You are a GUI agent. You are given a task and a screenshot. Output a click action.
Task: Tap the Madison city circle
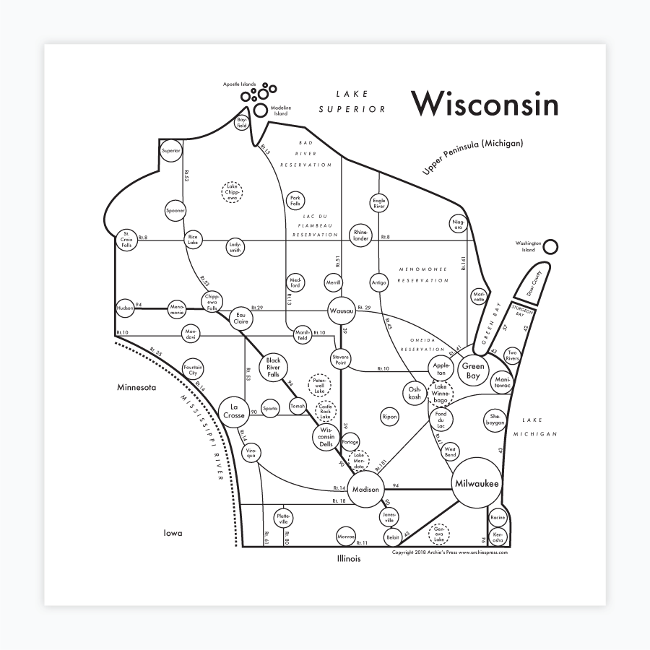(x=365, y=490)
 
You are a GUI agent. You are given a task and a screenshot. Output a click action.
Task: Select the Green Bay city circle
(x=472, y=371)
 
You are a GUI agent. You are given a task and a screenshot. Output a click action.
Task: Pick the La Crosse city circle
(x=234, y=412)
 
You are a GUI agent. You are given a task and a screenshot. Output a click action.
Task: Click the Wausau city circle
(x=341, y=311)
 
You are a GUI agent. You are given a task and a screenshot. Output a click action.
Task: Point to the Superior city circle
(x=171, y=150)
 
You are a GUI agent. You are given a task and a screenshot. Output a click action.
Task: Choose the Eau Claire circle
(x=242, y=318)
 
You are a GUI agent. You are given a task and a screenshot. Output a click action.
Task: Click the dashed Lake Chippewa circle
(x=232, y=191)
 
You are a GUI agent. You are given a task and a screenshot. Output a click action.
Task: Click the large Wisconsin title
(x=485, y=104)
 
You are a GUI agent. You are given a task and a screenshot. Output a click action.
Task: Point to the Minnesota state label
(x=137, y=388)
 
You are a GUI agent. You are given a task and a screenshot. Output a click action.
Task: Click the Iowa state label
(x=172, y=533)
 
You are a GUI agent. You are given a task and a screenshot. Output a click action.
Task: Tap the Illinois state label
(x=348, y=558)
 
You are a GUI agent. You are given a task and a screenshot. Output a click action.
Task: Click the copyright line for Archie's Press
(x=449, y=552)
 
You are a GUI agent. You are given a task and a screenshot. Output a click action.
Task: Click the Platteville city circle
(x=284, y=518)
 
